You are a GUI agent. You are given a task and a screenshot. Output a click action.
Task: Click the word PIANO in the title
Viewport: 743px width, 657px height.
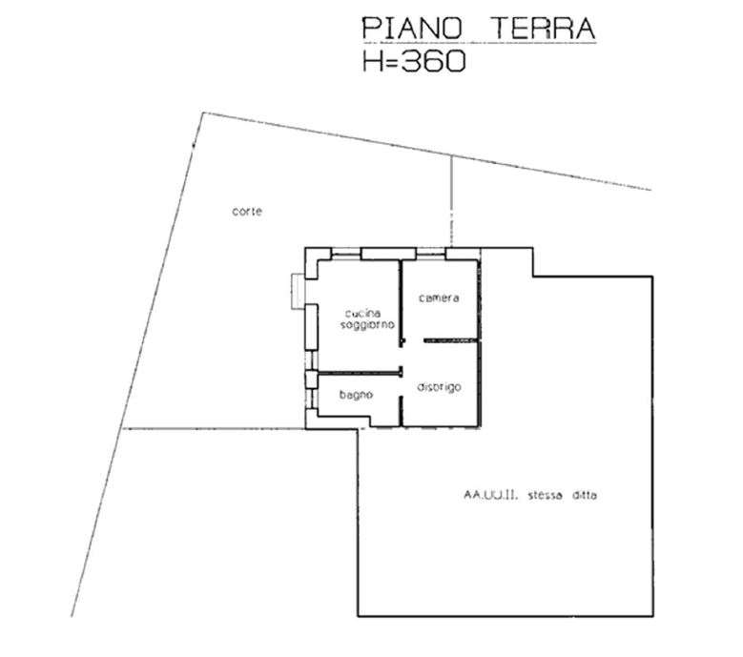point(412,28)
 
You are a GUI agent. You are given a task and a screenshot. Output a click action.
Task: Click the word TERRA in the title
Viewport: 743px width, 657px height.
point(543,28)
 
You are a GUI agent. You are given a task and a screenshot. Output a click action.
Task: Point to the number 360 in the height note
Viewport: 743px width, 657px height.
point(433,61)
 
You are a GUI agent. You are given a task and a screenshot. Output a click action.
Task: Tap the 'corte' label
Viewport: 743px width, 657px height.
point(247,212)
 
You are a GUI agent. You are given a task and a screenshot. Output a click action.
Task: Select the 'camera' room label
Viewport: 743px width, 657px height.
point(439,298)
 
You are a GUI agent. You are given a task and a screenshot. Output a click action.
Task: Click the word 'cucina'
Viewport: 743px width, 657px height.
point(362,313)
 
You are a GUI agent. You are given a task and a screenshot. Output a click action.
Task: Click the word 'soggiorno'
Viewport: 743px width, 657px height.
point(368,325)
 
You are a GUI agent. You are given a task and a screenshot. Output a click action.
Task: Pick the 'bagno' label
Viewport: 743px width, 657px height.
point(356,395)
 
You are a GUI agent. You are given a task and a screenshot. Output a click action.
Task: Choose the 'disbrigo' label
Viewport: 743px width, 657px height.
point(439,387)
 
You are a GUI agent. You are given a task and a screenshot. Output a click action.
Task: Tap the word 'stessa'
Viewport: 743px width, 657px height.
point(545,496)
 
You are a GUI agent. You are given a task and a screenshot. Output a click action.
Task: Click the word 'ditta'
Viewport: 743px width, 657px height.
point(585,496)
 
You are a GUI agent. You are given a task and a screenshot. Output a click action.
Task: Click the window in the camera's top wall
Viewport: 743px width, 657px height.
point(431,254)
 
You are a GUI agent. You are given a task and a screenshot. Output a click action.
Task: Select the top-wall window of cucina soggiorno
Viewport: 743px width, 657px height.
point(346,254)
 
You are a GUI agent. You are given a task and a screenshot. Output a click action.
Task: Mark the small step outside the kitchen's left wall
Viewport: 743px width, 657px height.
point(298,292)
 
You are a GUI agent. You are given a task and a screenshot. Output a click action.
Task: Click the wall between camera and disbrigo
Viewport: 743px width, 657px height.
point(450,340)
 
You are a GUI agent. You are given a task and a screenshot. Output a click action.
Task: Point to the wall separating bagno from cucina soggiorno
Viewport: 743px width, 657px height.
point(360,373)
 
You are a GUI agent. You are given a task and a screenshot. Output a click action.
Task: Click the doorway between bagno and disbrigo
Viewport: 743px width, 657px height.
point(401,386)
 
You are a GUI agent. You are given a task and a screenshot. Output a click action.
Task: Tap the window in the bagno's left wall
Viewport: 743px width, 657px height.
point(311,399)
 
